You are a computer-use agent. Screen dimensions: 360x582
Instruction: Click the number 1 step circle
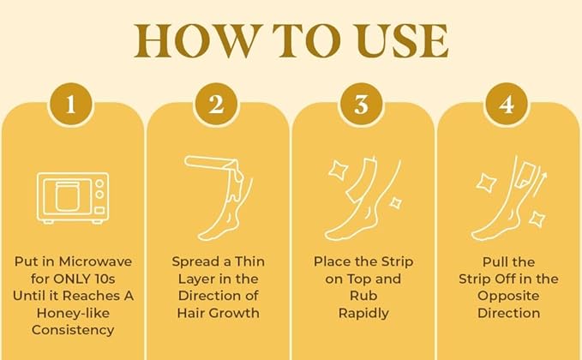pos(72,105)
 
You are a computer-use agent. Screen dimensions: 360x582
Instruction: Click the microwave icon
pos(72,197)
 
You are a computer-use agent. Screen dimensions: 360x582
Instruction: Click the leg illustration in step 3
pos(360,206)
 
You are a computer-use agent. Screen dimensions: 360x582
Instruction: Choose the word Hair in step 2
pos(195,313)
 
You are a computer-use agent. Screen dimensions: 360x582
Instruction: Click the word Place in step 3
pos(333,261)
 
